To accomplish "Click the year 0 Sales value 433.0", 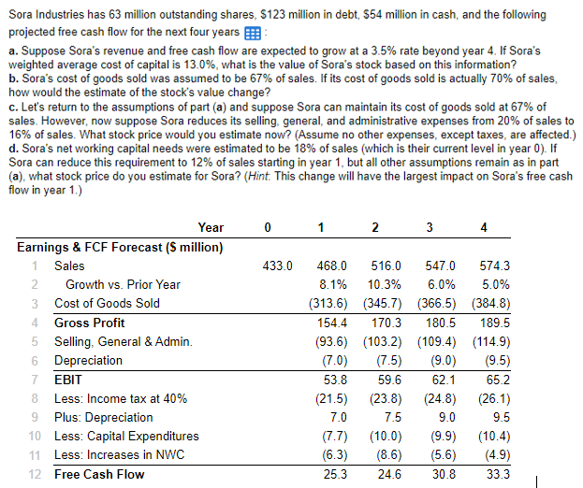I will [x=278, y=266].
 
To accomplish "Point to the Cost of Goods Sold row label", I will [x=107, y=304].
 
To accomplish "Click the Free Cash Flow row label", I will [x=99, y=475].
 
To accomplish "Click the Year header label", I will [x=211, y=228].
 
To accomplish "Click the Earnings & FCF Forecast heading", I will [x=120, y=247].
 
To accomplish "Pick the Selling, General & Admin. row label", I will [x=123, y=341].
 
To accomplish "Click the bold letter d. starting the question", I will [x=13, y=148].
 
